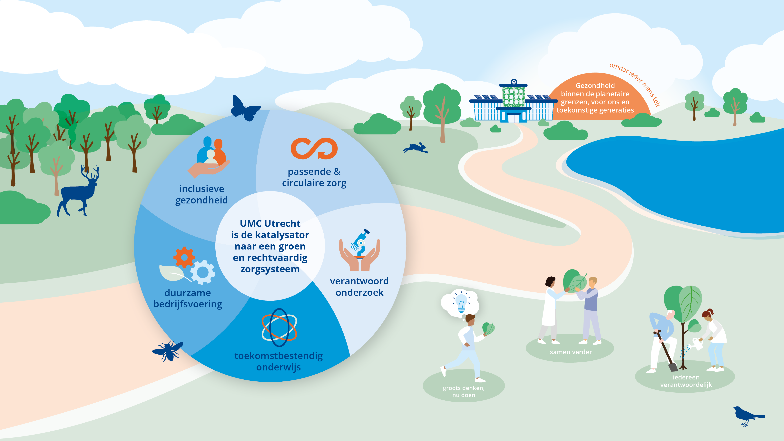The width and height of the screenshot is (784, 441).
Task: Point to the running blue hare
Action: click(416, 148)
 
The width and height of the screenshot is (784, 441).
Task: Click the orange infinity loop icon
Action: click(314, 149)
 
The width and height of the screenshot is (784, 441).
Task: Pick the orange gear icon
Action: click(184, 257)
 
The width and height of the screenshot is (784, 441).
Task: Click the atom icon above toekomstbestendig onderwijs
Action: click(279, 328)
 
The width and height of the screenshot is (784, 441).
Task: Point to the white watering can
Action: click(697, 344)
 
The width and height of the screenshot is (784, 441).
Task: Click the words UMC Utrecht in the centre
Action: click(270, 224)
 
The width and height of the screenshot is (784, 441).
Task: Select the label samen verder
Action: click(571, 352)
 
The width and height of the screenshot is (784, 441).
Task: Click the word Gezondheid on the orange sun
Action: click(595, 85)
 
